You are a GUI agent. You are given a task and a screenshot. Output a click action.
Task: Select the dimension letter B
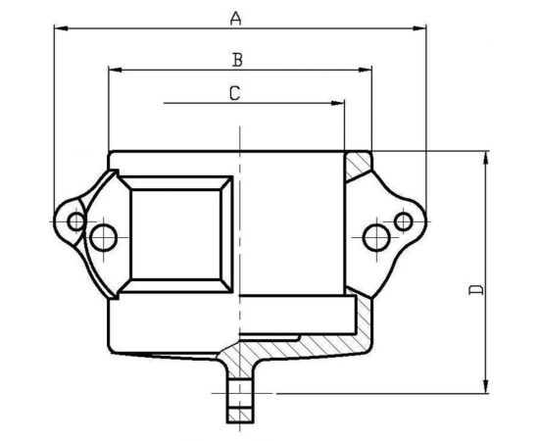236,60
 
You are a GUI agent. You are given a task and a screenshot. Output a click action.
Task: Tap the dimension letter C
234,93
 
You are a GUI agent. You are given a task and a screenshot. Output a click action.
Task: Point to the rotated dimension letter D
475,290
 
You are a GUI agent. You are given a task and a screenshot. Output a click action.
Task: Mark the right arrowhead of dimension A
422,29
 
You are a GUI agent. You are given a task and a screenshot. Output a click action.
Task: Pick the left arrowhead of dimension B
114,70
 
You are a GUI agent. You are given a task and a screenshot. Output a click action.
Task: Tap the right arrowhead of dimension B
367,70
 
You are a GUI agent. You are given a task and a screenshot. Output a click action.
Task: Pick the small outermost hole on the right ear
402,221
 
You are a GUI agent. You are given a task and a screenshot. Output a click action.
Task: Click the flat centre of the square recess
180,233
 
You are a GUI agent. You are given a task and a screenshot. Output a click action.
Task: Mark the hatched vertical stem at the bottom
238,397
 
